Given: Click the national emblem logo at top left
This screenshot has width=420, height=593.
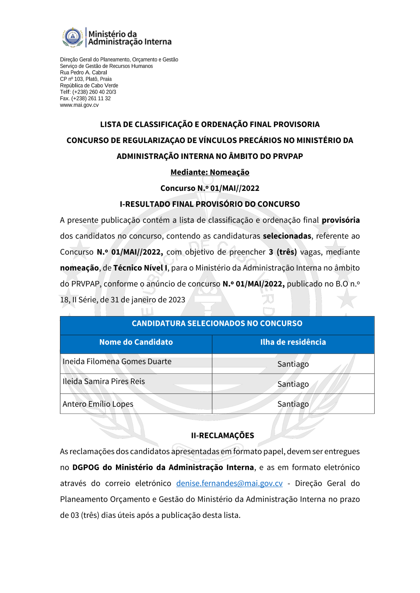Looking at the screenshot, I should click(73, 37).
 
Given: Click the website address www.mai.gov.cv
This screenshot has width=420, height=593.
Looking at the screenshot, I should click(79, 105).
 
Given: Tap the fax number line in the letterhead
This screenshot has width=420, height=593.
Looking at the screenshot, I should click(85, 99).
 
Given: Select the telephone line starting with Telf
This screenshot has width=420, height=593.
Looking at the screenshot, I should click(88, 92).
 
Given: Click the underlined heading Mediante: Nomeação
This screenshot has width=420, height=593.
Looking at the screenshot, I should click(210, 172).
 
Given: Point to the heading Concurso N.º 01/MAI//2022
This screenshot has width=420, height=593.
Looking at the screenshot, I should click(210, 188).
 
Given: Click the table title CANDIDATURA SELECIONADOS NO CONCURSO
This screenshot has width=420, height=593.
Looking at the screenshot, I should click(217, 323).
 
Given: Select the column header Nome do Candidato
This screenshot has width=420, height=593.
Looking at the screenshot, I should click(136, 342).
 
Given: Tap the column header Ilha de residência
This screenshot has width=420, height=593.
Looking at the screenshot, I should click(293, 342).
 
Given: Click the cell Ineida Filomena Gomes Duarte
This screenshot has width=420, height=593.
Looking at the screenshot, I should click(117, 362).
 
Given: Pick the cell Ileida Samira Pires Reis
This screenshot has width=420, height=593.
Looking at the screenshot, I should click(104, 382).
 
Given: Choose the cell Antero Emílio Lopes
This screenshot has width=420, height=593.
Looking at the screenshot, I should click(98, 404).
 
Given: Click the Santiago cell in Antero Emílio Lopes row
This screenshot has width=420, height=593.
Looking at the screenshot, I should click(293, 404).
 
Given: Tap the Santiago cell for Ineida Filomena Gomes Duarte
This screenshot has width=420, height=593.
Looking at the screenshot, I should click(293, 364).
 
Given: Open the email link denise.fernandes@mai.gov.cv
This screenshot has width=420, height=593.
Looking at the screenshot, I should click(229, 484).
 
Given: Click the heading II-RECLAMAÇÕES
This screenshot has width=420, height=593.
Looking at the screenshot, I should click(222, 436).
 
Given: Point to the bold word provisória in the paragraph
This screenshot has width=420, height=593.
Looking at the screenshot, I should click(341, 220).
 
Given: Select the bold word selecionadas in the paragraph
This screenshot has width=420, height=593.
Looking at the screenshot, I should click(287, 236).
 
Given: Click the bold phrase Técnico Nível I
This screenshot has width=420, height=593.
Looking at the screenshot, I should click(140, 268).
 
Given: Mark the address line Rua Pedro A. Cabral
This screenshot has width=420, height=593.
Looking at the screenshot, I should click(83, 73).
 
